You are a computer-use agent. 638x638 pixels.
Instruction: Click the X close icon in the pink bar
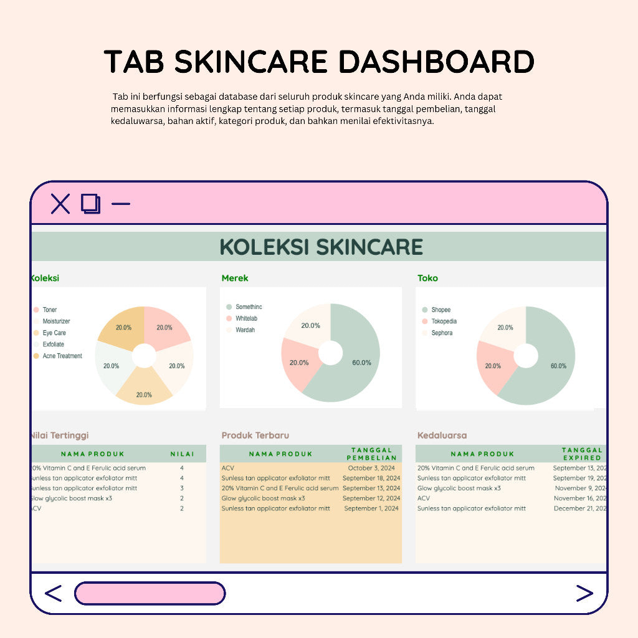click(60, 204)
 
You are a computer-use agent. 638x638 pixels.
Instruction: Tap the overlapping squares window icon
click(91, 204)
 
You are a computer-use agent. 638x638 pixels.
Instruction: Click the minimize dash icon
click(121, 204)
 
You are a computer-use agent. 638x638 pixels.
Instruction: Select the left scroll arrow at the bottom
click(54, 594)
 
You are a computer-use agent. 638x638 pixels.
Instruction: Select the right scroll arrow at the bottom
click(584, 594)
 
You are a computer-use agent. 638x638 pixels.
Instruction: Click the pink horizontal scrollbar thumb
click(150, 594)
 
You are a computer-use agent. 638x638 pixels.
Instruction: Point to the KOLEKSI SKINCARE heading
click(321, 247)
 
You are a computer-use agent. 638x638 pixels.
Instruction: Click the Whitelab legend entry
click(246, 318)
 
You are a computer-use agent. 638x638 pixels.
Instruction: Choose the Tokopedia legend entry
click(444, 321)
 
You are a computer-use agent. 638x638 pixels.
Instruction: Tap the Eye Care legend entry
click(54, 333)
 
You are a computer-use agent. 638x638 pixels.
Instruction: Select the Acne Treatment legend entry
click(62, 356)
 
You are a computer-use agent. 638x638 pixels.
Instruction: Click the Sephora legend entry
click(442, 333)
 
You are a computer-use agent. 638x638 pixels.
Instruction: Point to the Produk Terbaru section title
click(255, 436)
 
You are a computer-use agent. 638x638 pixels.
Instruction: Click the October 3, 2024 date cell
click(371, 468)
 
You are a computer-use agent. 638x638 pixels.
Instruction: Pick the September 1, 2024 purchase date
click(371, 508)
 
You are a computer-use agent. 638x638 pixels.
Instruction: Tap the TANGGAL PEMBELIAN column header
click(371, 454)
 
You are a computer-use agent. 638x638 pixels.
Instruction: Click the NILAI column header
click(182, 454)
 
